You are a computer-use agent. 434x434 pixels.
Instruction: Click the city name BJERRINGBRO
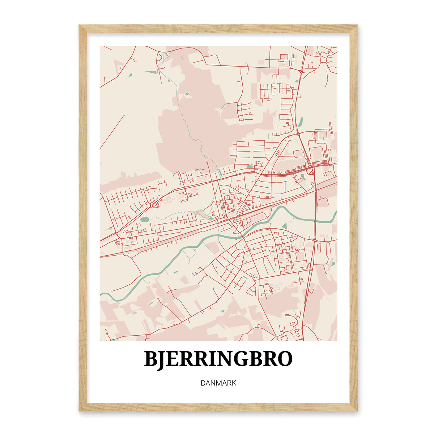pos(218,359)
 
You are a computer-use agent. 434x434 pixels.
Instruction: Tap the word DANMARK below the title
pos(218,383)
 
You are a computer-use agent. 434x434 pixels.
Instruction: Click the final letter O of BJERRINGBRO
pos(285,359)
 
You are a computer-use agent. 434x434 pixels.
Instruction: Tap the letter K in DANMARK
pos(233,383)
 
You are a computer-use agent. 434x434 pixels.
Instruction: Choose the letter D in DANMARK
pos(203,383)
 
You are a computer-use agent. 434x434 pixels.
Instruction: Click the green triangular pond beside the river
pos(284,226)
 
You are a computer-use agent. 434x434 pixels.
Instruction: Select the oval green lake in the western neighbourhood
pos(145,220)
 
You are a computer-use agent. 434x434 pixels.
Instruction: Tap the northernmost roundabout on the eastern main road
pos(301,72)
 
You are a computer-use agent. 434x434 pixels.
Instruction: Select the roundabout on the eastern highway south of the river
pos(314,240)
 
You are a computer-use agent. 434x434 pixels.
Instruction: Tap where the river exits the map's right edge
pos(336,213)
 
